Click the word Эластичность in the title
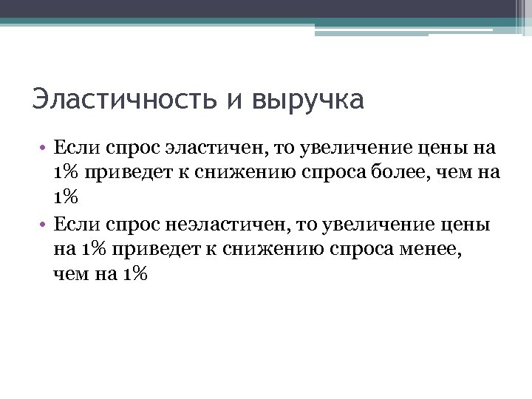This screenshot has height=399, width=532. click(126, 100)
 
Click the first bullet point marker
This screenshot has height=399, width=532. click(44, 148)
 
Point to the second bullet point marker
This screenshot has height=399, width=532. click(44, 223)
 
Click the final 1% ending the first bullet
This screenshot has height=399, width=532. click(65, 198)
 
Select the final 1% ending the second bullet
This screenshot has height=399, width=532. click(135, 273)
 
